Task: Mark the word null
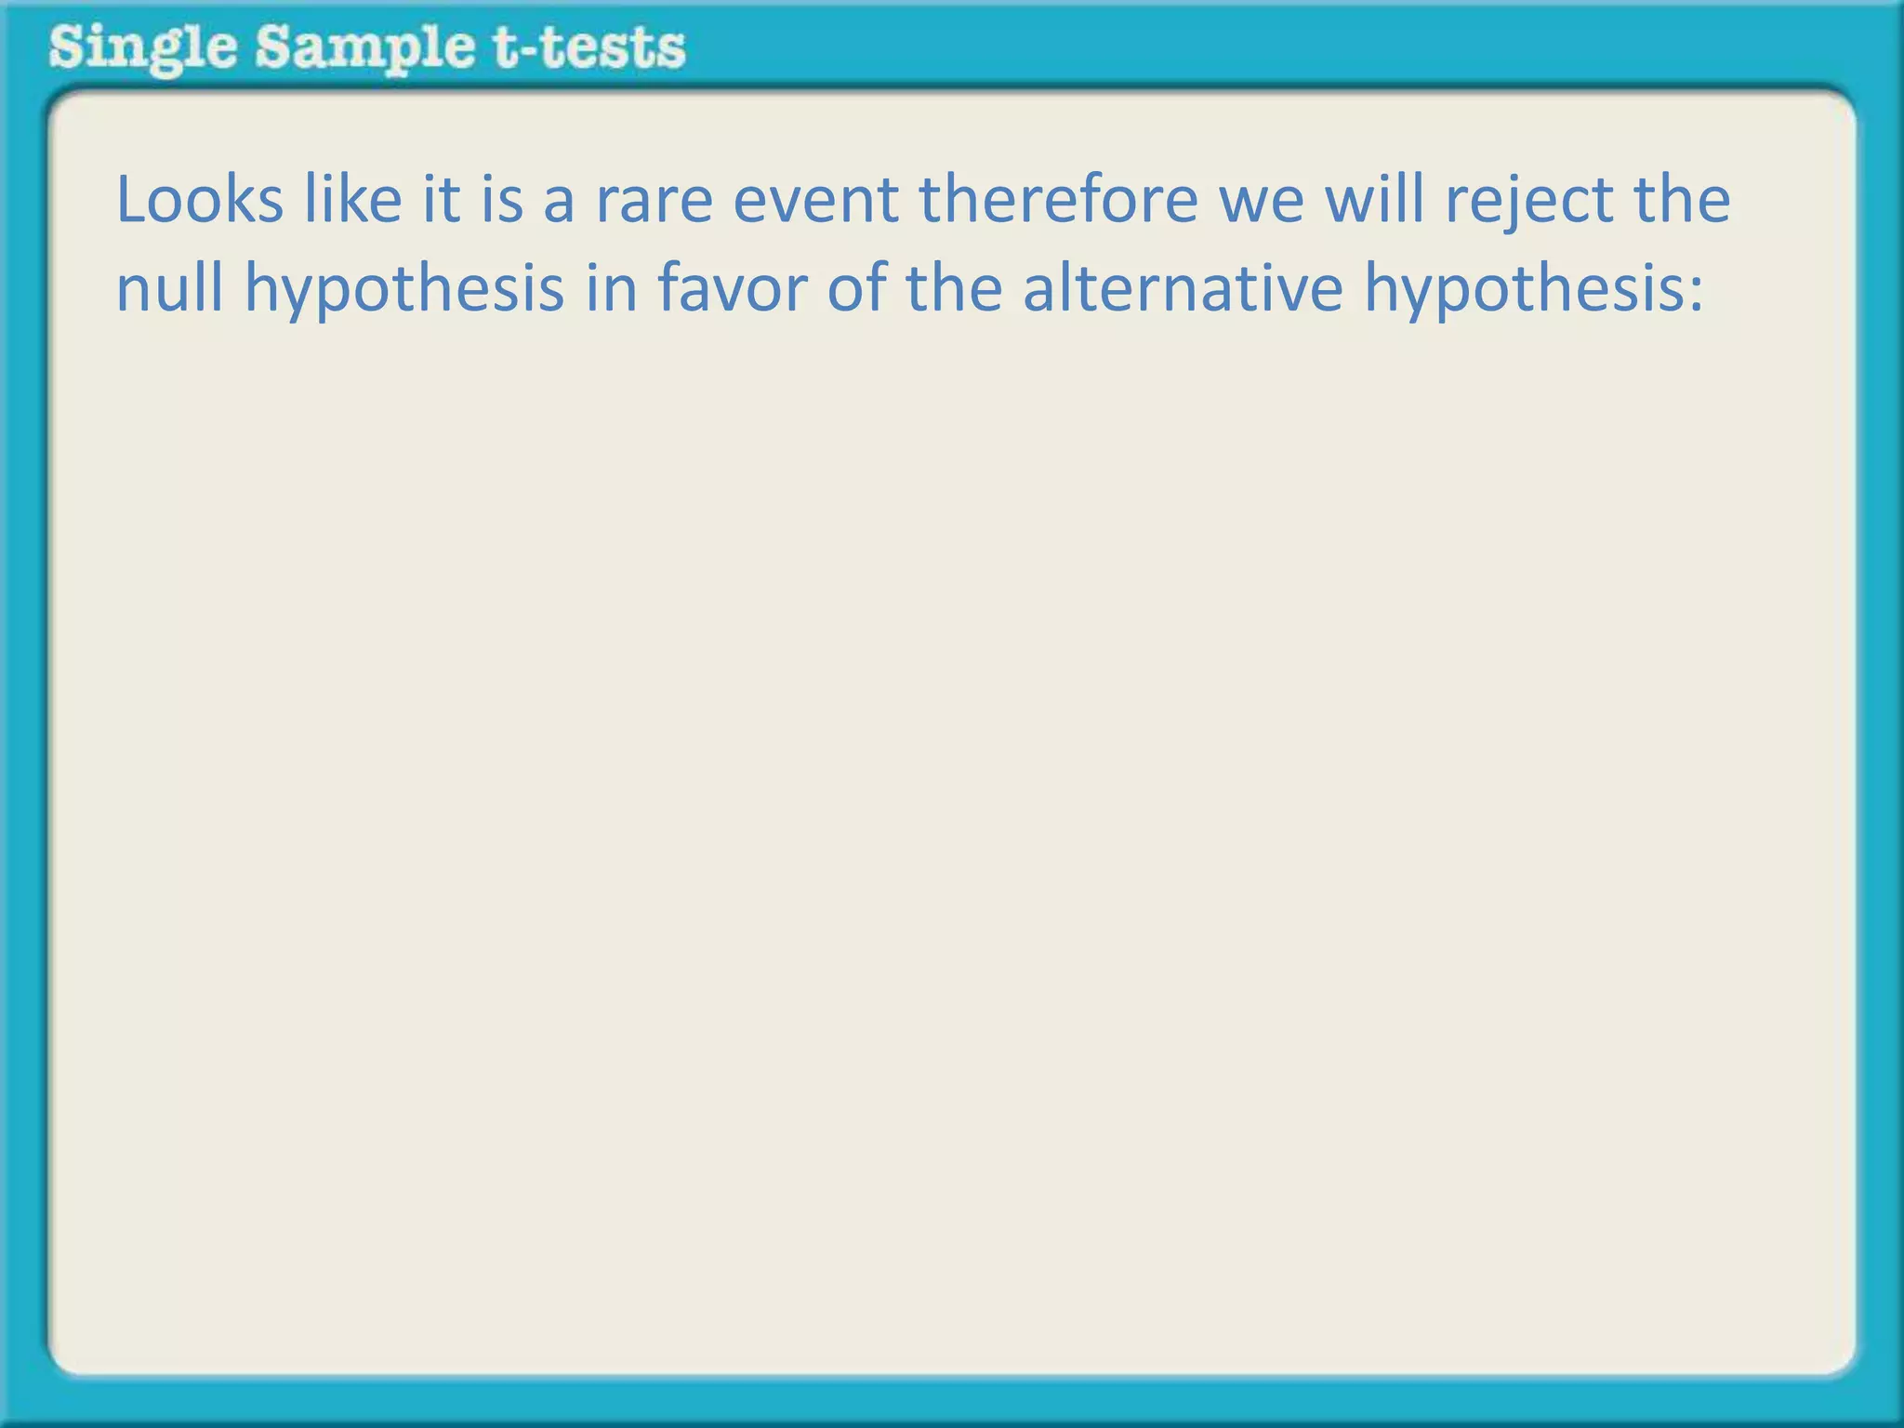click(x=169, y=288)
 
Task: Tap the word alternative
click(x=1183, y=288)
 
